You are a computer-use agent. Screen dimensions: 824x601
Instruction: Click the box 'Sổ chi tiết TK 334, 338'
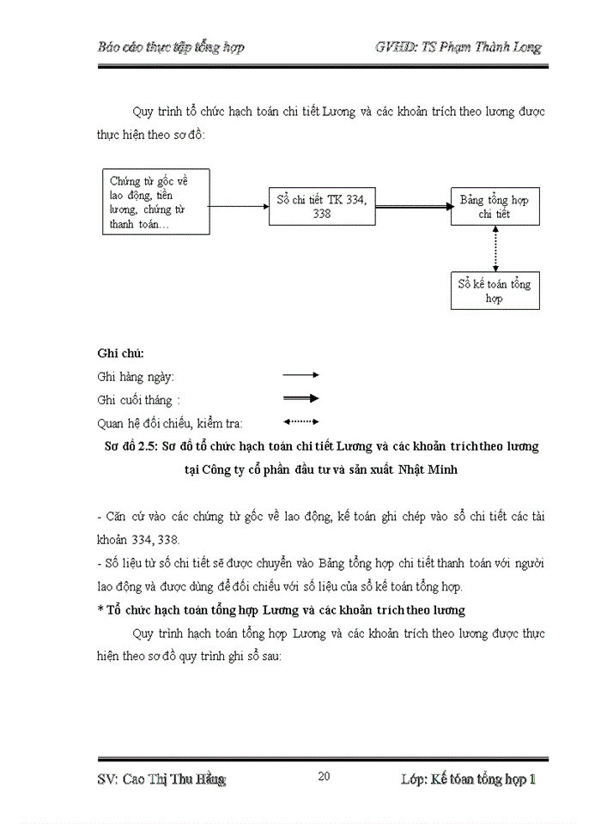click(322, 206)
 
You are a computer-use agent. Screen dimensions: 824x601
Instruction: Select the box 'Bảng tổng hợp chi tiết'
click(495, 206)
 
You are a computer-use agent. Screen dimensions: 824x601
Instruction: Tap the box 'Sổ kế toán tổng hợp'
click(495, 291)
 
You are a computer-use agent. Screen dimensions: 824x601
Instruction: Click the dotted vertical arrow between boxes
click(495, 248)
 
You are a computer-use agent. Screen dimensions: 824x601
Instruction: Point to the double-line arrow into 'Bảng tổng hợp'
click(412, 207)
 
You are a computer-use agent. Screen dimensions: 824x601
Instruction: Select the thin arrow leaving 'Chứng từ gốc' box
click(240, 206)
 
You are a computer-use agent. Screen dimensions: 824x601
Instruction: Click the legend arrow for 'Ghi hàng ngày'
click(300, 375)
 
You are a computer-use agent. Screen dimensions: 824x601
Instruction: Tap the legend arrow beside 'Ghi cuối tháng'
click(300, 398)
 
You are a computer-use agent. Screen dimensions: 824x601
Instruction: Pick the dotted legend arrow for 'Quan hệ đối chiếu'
click(300, 421)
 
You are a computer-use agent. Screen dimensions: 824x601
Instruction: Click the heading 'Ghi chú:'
click(121, 353)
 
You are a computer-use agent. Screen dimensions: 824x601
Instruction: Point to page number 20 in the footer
click(325, 777)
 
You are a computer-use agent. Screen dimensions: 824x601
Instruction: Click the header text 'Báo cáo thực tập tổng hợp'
click(171, 47)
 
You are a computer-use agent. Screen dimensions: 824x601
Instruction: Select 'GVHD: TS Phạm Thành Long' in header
click(458, 47)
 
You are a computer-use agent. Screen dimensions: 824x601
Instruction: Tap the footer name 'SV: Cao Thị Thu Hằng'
click(161, 779)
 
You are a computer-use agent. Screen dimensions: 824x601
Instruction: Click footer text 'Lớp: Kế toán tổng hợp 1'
click(468, 779)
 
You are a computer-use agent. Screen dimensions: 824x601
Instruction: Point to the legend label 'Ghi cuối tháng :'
click(140, 399)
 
